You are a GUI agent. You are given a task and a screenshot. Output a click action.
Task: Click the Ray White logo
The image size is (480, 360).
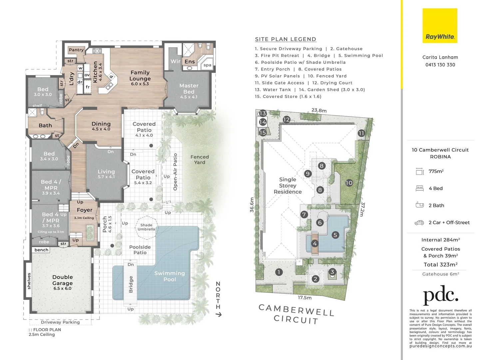click(440, 26)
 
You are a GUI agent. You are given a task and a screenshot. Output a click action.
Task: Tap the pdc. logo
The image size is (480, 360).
click(440, 295)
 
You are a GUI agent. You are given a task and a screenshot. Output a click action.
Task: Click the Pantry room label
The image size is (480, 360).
click(76, 50)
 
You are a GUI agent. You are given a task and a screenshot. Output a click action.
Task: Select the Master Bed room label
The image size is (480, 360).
click(189, 89)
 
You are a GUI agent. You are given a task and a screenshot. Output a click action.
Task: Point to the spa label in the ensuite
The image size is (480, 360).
click(207, 65)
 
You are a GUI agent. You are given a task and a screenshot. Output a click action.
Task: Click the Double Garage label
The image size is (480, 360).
click(62, 280)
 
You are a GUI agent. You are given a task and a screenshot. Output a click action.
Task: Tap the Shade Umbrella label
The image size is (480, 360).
click(146, 227)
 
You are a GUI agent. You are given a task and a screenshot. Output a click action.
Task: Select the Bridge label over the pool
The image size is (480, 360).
click(131, 284)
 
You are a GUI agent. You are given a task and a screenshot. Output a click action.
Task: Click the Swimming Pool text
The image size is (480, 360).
click(170, 276)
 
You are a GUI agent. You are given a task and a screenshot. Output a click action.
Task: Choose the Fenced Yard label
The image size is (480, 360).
click(200, 160)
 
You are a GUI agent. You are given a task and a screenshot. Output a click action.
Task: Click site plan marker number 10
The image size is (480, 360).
click(349, 183)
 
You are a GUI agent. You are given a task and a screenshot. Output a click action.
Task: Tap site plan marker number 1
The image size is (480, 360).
click(279, 272)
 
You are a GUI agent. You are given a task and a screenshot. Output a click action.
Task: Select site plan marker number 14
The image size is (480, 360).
click(263, 122)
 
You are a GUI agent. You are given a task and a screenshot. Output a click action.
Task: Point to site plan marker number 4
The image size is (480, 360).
click(314, 243)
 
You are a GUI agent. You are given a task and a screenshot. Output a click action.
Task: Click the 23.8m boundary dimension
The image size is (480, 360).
click(319, 110)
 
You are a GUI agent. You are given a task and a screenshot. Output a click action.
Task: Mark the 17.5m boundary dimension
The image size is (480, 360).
click(304, 298)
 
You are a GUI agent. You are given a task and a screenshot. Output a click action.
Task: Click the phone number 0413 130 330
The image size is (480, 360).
click(440, 65)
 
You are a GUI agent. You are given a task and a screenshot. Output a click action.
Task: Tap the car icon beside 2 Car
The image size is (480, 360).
click(419, 223)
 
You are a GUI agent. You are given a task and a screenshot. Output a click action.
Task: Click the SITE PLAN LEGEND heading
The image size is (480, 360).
click(285, 39)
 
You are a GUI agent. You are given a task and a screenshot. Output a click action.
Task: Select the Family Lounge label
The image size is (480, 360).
click(140, 76)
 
